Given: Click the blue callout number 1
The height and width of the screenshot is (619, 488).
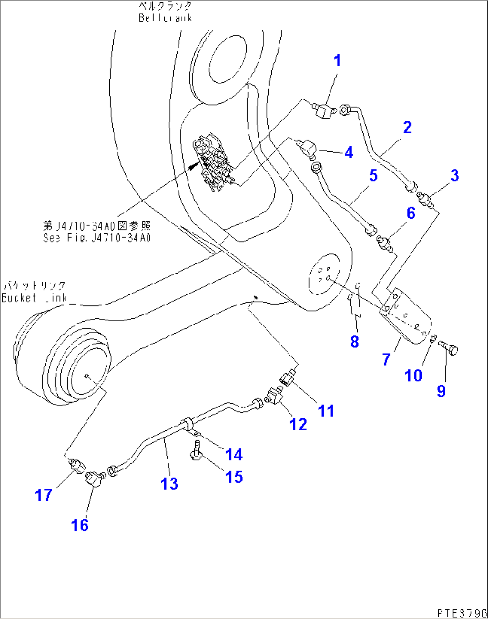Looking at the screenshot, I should point(338,61).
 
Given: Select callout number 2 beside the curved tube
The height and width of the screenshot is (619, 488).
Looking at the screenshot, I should point(407,127).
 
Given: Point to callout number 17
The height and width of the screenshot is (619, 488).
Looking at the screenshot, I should point(43,495).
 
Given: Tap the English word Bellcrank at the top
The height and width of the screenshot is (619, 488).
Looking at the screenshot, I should point(165,18).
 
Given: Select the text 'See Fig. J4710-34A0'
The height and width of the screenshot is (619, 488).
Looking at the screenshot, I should point(97,237).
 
